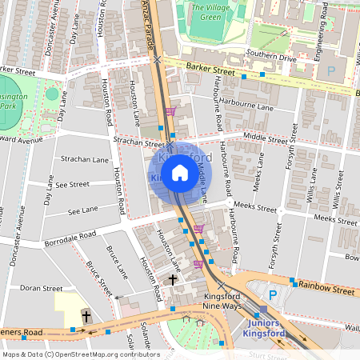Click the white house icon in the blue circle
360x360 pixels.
point(180,173)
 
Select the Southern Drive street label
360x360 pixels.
point(271,58)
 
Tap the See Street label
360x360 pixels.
point(73,184)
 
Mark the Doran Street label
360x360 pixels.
point(41,287)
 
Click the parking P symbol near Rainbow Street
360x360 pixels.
point(273,295)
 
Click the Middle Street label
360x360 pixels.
point(266,138)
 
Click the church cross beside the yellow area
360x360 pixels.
point(86,316)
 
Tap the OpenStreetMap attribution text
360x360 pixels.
point(80,354)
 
